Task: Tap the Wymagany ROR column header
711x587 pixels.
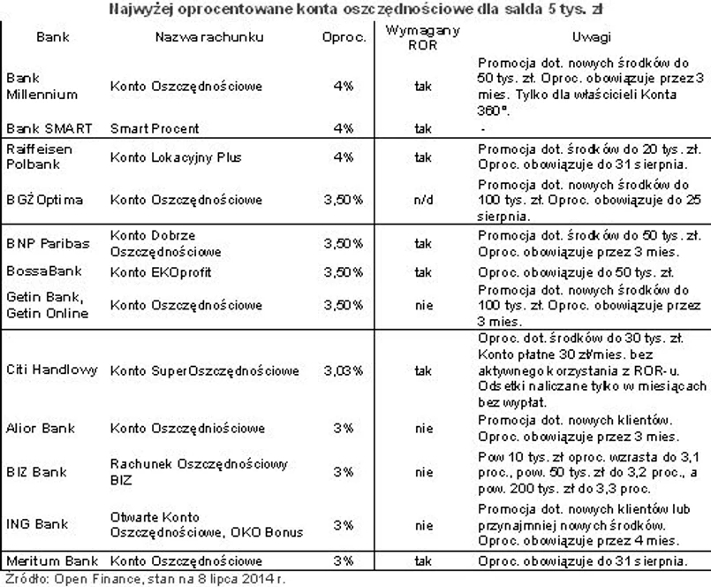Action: (x=423, y=38)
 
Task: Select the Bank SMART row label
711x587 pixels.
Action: (x=43, y=128)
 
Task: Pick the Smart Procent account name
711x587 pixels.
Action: (x=155, y=128)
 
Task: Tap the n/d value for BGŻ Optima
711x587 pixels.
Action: (x=423, y=200)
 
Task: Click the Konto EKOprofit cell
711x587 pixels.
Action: (x=161, y=272)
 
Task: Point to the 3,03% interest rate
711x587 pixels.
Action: (x=344, y=370)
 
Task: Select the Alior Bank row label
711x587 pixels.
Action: (x=40, y=429)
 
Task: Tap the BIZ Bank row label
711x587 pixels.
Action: (x=35, y=472)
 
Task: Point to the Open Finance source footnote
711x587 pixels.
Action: (x=145, y=579)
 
